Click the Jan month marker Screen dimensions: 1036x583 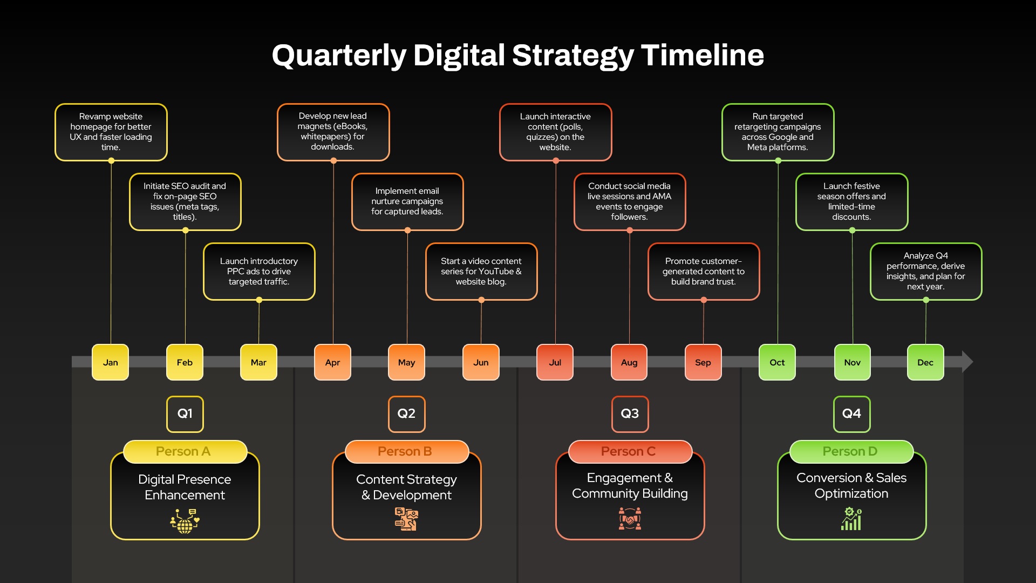111,362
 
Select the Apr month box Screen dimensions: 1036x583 333,362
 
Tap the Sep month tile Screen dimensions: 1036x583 703,362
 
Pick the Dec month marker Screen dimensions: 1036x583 925,362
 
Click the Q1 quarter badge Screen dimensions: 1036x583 185,414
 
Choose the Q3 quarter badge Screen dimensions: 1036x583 630,414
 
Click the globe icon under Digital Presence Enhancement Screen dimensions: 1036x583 185,521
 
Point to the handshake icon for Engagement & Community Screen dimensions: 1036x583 630,519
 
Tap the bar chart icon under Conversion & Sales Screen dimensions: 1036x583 851,519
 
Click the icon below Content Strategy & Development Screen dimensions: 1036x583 406,519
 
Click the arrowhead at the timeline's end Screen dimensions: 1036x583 967,362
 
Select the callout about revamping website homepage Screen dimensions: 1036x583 111,132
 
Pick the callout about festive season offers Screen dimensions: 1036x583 852,202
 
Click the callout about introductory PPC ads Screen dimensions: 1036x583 259,272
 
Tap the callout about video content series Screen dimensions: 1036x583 481,272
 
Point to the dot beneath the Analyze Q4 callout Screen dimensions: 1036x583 926,300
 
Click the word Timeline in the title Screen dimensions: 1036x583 703,55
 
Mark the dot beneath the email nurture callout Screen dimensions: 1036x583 407,231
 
